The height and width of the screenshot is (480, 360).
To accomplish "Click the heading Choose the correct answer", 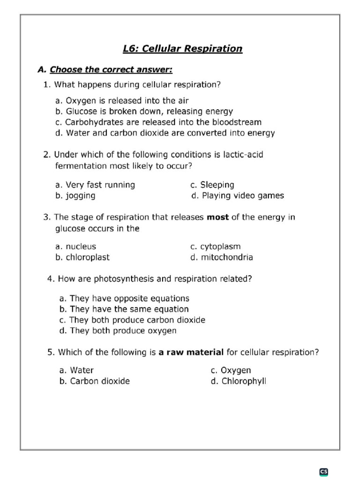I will (x=111, y=70).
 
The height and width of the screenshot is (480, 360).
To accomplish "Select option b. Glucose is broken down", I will (x=144, y=112).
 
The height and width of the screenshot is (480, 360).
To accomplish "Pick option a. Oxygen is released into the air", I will (x=122, y=101).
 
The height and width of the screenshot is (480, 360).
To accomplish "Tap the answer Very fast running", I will (x=95, y=185).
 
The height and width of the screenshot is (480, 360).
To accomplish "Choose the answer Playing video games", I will (x=238, y=195).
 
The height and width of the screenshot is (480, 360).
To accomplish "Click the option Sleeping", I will (x=212, y=185).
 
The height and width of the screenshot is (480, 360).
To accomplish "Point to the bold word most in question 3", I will (x=217, y=217).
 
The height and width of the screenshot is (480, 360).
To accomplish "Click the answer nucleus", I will (x=75, y=247).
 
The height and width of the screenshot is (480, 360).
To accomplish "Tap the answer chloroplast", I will (x=82, y=257).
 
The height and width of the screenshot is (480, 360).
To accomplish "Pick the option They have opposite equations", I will (x=124, y=298).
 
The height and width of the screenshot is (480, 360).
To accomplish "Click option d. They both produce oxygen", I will (x=118, y=330).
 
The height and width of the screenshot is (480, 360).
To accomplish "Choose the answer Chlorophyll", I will (x=238, y=381).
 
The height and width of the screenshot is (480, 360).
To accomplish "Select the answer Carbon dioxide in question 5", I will (x=95, y=381).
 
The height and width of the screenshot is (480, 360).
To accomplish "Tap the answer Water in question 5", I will (x=77, y=370).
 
